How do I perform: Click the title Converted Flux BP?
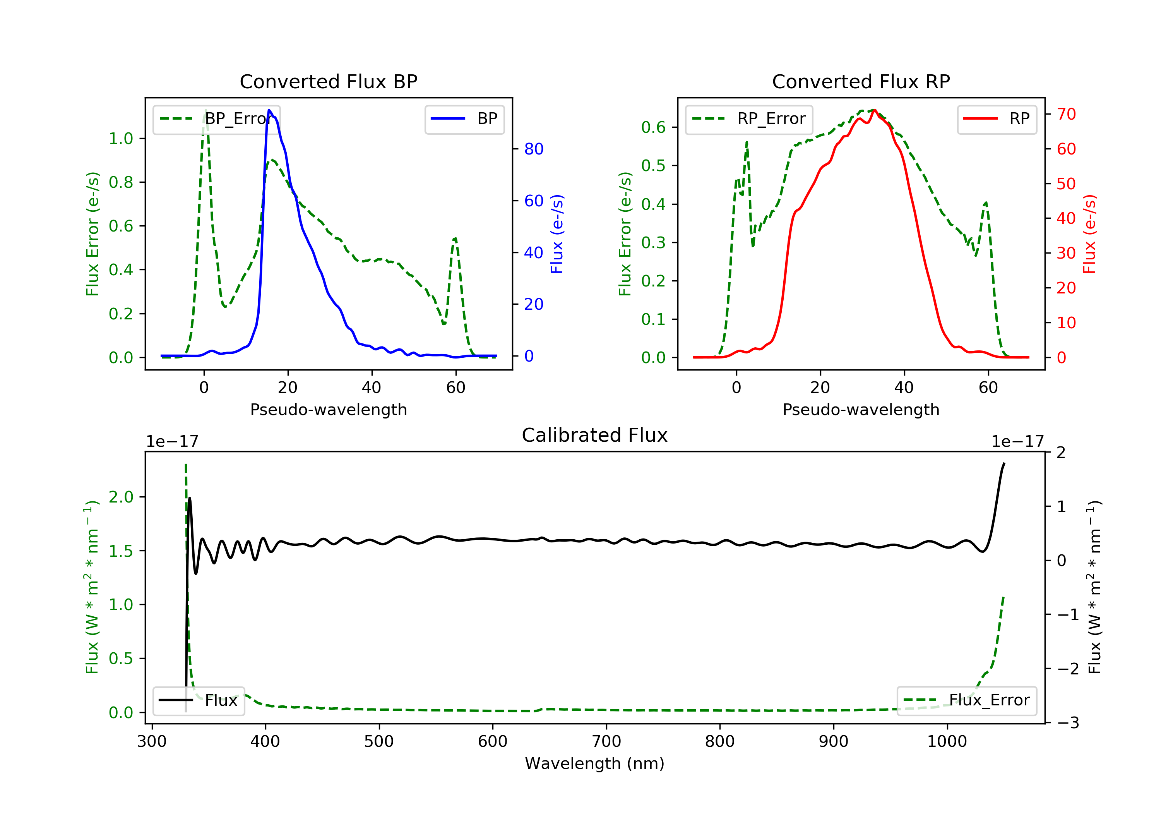coord(328,81)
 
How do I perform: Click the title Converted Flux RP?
coord(861,81)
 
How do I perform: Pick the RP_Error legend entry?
coord(749,119)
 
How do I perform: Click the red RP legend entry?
coord(997,119)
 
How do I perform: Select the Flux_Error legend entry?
coord(966,700)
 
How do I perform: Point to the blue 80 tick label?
coord(533,149)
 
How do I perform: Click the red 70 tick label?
coord(1066,114)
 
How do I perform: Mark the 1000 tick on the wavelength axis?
coord(947,742)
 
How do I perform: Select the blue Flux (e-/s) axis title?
coord(557,234)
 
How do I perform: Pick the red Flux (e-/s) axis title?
coord(1089,234)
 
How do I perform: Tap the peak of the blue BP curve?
coord(269,110)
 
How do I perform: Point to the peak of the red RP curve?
coord(874,110)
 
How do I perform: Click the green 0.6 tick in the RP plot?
coord(653,127)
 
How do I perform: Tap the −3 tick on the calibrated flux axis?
coord(1067,723)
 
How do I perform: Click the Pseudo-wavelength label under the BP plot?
coord(328,409)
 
